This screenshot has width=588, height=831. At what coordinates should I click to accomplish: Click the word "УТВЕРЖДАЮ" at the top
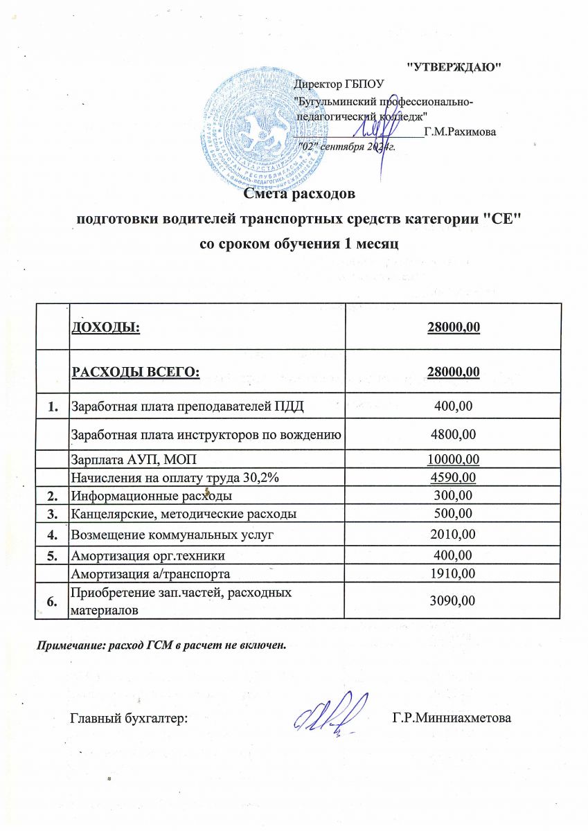click(453, 66)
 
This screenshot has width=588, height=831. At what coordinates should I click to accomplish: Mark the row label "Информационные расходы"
click(152, 496)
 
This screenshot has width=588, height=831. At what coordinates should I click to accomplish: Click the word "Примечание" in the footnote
click(66, 645)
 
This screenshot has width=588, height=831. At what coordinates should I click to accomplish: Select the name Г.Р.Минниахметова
click(451, 718)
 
